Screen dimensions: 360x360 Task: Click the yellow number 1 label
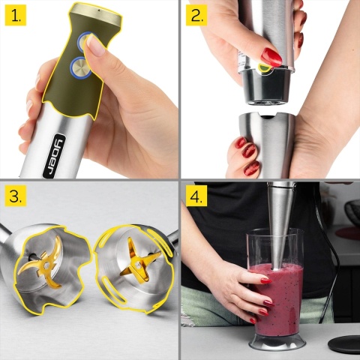coord(16,16)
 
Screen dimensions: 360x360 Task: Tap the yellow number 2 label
coord(197,16)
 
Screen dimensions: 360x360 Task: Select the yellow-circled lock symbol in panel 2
coord(264,68)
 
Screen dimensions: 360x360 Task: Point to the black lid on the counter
coord(343,344)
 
